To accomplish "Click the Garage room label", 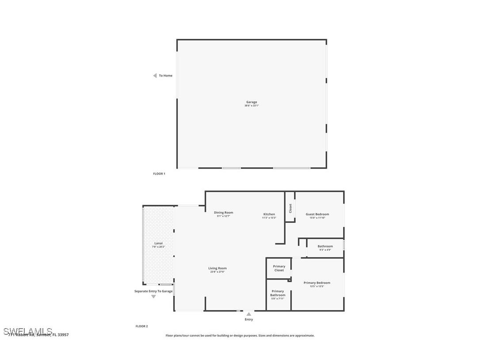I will [251, 102].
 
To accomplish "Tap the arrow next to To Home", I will [155, 76].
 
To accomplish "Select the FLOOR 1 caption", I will [159, 174].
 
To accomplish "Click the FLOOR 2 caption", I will [141, 326].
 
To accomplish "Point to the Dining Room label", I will [223, 213].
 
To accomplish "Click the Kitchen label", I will [269, 214].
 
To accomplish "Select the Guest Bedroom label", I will [317, 214].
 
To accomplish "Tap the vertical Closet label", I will [290, 208].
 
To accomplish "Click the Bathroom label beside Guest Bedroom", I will [325, 246].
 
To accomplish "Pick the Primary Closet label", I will [279, 268].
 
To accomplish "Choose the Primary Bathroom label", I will [278, 293].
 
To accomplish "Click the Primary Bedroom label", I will [317, 283].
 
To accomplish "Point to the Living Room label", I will [217, 268].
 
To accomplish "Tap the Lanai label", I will [158, 243].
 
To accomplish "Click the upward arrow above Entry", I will [249, 314].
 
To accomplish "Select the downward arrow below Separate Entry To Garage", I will [153, 296].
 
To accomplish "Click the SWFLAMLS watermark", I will [28, 331].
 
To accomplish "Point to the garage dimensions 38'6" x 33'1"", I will [251, 106].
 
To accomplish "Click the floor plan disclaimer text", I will [240, 336].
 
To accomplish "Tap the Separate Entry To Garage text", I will [153, 291].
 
